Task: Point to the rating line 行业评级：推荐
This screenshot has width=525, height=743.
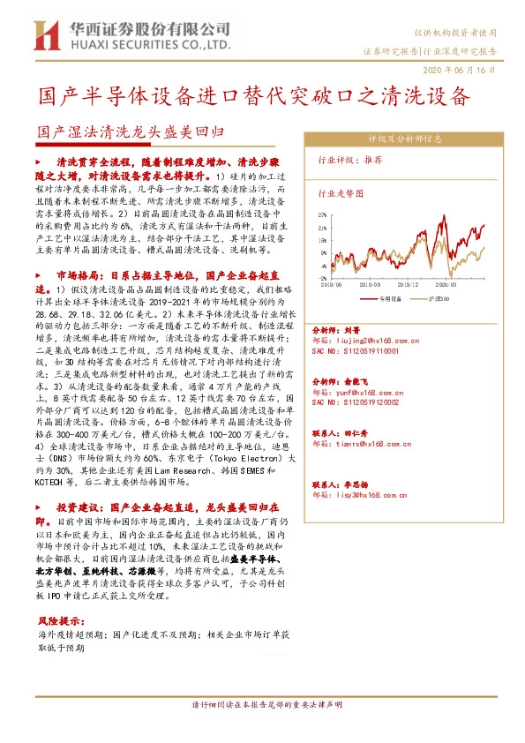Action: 349,161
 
